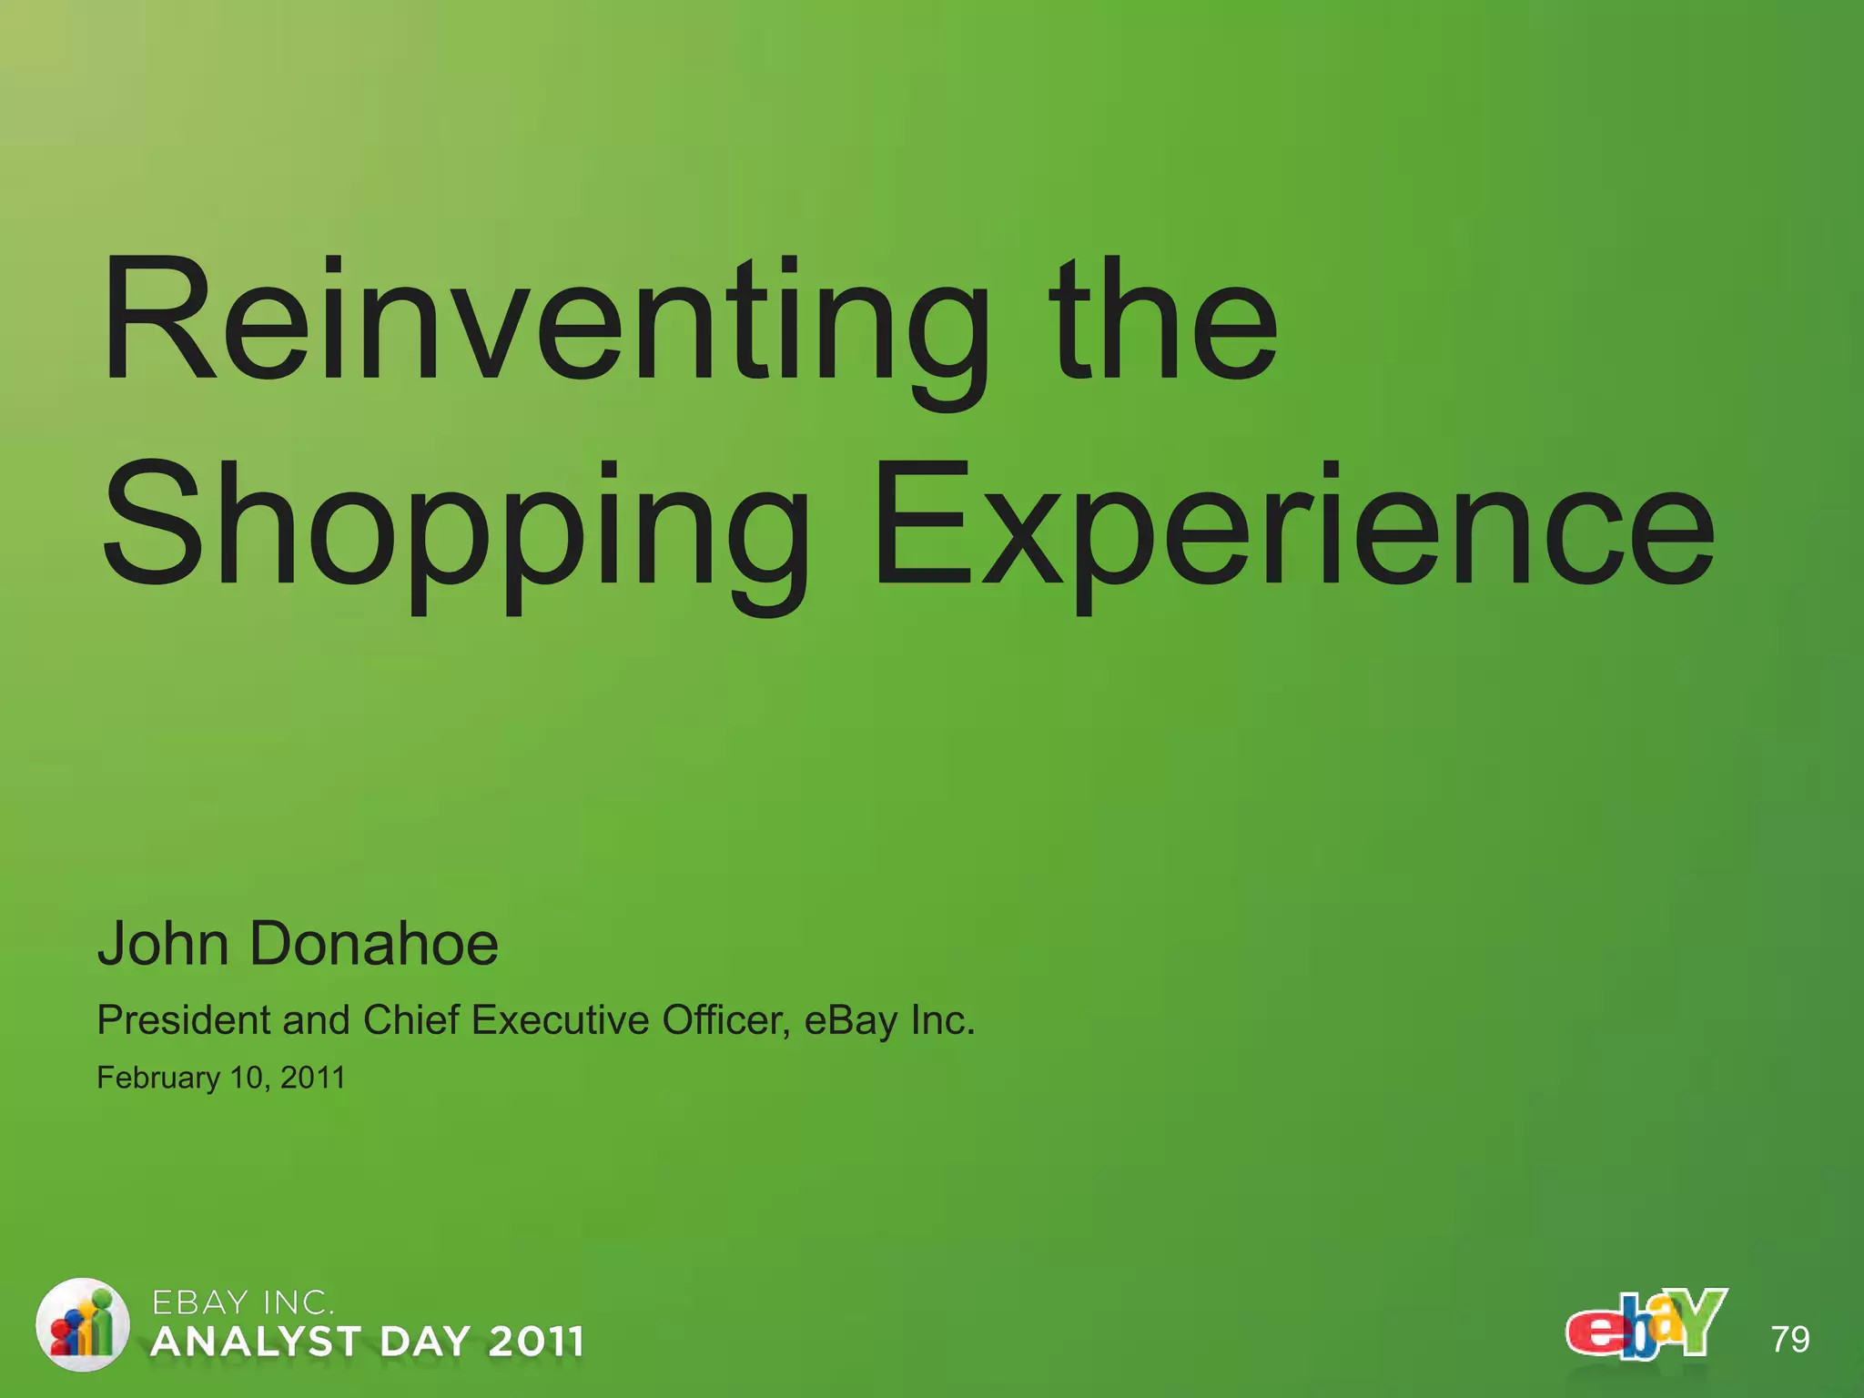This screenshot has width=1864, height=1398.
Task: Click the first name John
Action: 164,944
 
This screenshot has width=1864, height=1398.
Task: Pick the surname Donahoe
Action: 373,944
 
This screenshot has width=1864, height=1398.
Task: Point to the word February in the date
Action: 158,1079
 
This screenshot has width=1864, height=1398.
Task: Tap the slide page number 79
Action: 1790,1340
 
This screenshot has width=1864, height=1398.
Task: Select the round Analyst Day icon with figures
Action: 82,1324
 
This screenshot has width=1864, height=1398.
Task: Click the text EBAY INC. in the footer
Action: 242,1303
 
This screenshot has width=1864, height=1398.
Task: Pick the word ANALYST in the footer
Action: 257,1342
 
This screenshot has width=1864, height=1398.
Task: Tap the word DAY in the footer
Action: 425,1342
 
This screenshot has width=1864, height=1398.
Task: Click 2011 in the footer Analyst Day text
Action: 535,1342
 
